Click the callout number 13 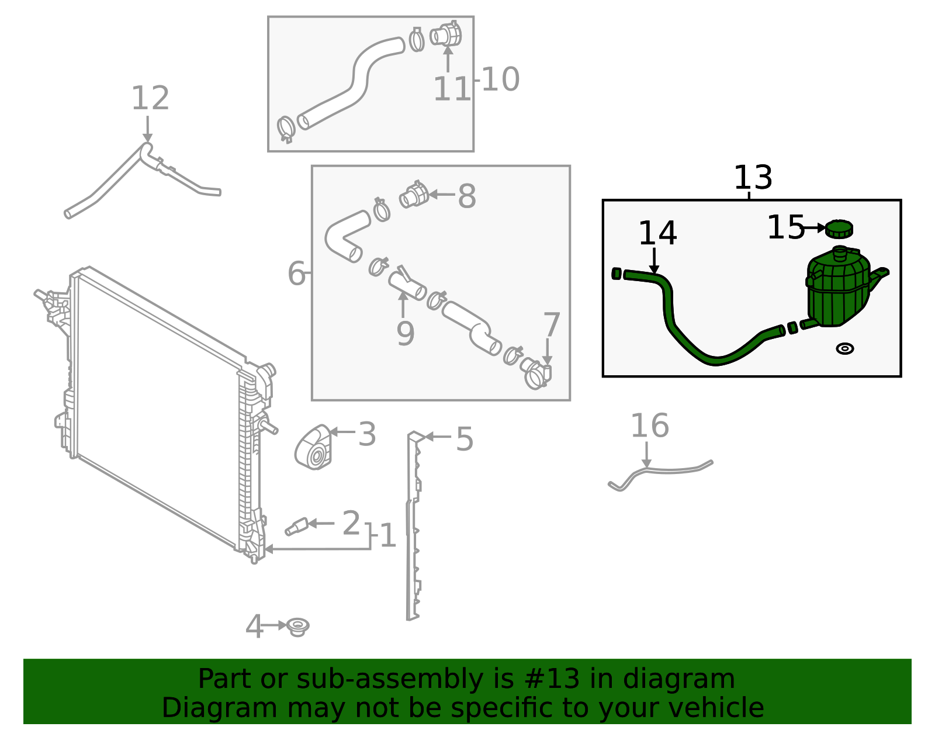(753, 177)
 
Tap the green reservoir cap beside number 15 (839, 228)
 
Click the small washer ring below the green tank (844, 348)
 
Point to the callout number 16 (650, 425)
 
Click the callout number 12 (150, 98)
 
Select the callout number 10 (500, 79)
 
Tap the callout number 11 (451, 89)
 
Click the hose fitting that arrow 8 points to (414, 196)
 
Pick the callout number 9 (406, 333)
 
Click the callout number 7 (551, 324)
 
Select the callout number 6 (296, 273)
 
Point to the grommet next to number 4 (298, 627)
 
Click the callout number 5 (465, 439)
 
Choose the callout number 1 (388, 536)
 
